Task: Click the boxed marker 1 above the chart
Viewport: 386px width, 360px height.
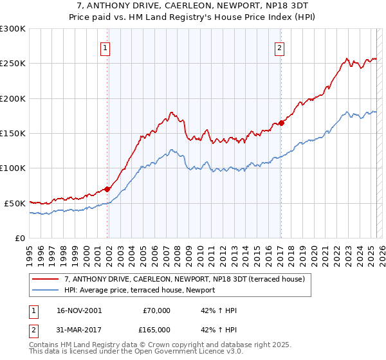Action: click(105, 47)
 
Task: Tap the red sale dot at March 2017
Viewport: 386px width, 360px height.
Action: click(281, 123)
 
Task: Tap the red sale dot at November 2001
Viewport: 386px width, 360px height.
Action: click(107, 189)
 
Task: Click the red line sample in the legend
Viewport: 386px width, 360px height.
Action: click(46, 279)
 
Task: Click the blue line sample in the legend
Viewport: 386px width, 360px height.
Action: click(46, 290)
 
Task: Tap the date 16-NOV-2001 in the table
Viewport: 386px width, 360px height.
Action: click(80, 310)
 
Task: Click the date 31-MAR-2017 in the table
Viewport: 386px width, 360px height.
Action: click(80, 330)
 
